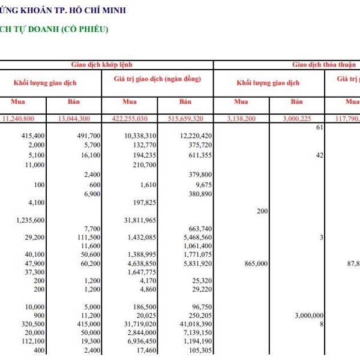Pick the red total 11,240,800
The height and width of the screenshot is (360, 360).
[x=26, y=119]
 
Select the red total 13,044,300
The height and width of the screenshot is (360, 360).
[x=79, y=119]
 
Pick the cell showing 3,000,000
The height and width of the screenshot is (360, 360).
[x=309, y=315]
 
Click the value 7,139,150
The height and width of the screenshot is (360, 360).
[x=195, y=332]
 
